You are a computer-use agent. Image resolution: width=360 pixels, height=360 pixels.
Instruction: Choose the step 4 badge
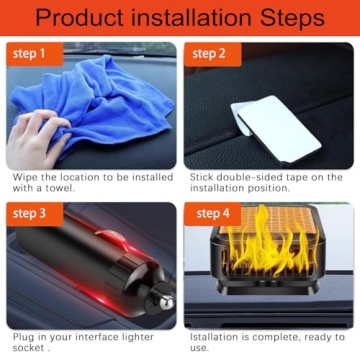click(212, 213)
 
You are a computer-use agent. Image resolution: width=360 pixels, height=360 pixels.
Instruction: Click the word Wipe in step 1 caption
click(26, 176)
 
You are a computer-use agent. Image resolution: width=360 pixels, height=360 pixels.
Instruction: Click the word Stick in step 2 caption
click(205, 176)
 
